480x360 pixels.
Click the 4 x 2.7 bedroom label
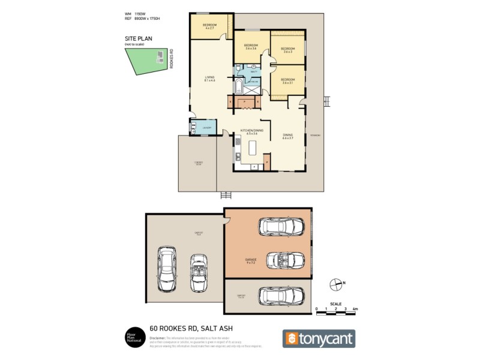pos(210,26)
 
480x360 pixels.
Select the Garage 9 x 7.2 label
pos(251,261)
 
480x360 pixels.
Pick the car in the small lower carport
pos(282,296)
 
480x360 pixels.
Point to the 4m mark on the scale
pos(356,308)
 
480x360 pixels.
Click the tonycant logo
pos(319,338)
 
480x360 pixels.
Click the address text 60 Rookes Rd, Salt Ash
pos(191,328)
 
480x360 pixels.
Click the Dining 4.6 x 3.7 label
pos(287,137)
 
